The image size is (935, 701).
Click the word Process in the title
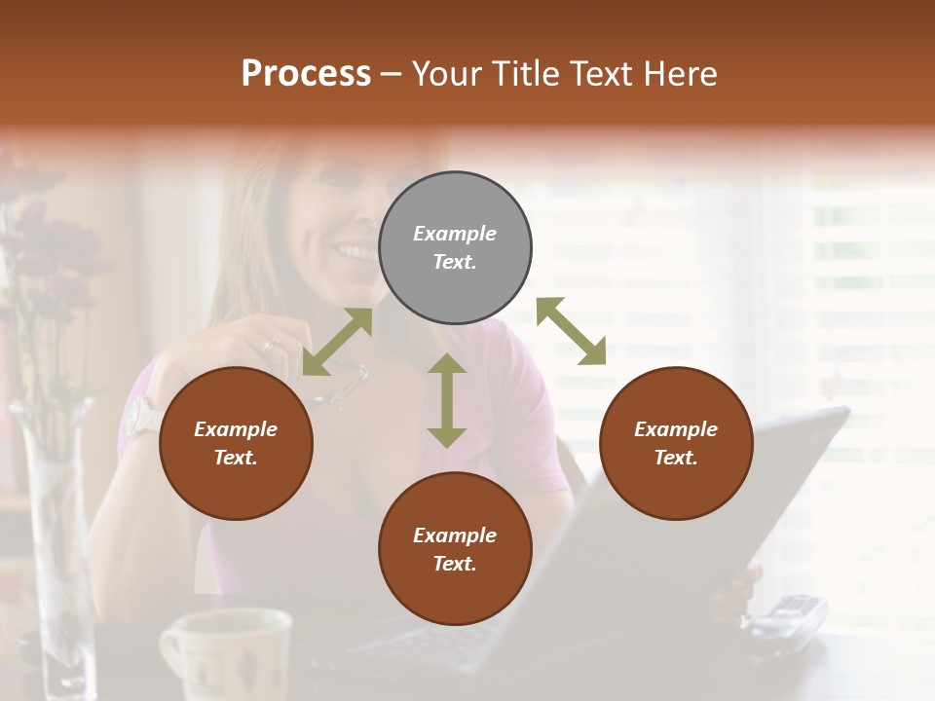click(306, 74)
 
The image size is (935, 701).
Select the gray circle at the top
click(455, 248)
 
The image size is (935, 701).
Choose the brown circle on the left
click(236, 444)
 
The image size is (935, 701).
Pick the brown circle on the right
click(676, 444)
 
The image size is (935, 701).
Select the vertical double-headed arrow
click(447, 400)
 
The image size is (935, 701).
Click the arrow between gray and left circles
click(337, 342)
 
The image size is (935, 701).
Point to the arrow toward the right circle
click(572, 331)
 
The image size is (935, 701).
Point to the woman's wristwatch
click(142, 416)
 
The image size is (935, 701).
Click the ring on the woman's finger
click(268, 345)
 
